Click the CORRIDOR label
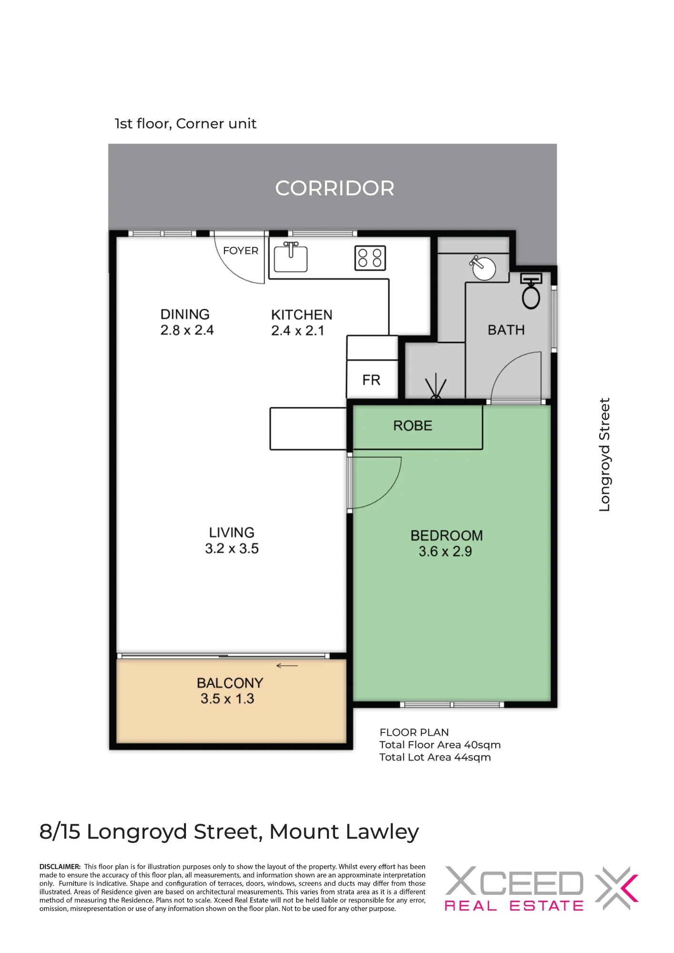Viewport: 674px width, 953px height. [x=335, y=188]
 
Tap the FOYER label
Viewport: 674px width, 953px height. [x=241, y=251]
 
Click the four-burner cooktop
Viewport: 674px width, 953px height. [x=370, y=258]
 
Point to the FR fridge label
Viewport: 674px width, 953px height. [x=371, y=380]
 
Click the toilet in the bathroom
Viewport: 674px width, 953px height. [x=531, y=291]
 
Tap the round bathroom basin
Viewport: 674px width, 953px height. [x=483, y=268]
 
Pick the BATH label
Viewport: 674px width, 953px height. [x=506, y=330]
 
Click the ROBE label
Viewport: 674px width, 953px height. [x=413, y=426]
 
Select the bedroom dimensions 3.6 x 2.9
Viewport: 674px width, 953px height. [x=445, y=551]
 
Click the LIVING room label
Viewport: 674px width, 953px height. [x=232, y=532]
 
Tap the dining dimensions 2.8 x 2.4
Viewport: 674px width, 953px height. [x=187, y=330]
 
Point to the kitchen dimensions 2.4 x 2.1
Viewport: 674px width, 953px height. [x=297, y=331]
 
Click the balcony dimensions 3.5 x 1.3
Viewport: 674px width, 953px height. [x=227, y=699]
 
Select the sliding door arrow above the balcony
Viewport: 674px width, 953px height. [x=287, y=666]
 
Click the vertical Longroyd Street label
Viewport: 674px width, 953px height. [x=604, y=455]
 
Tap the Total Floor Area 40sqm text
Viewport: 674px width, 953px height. [x=440, y=745]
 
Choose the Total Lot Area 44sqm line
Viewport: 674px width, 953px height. [x=435, y=757]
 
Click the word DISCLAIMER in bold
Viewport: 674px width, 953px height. [x=60, y=867]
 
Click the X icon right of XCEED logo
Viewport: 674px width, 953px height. [x=617, y=888]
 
